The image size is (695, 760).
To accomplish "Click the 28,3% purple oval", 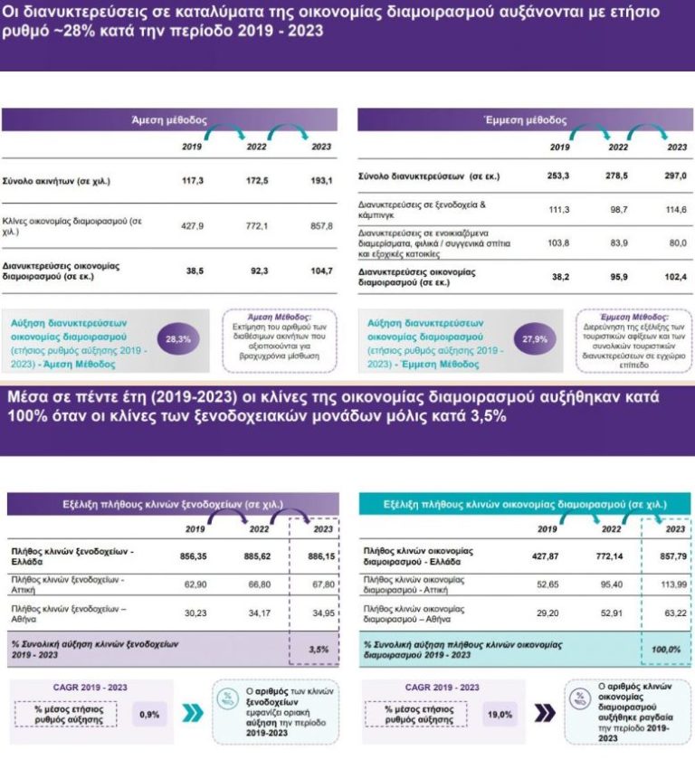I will pos(178,339).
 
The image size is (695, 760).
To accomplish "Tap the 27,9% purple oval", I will pos(529,339).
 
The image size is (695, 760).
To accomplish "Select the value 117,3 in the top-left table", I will pos(192,181).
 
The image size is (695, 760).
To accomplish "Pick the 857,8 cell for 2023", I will pos(321,225).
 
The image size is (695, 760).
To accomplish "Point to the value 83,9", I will pos(617,242).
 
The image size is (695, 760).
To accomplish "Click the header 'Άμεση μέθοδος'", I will pos(169,119).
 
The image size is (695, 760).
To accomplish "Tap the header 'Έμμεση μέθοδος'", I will pos(526,119).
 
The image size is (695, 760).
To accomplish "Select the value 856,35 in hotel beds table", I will pos(196,552).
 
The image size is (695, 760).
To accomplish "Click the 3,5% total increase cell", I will pos(319,650).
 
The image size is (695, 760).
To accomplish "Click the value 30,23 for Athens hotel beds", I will pos(196,613).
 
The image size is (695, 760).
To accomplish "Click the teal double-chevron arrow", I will pos(192,714).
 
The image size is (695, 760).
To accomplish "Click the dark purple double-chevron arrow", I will pos(544,714).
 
